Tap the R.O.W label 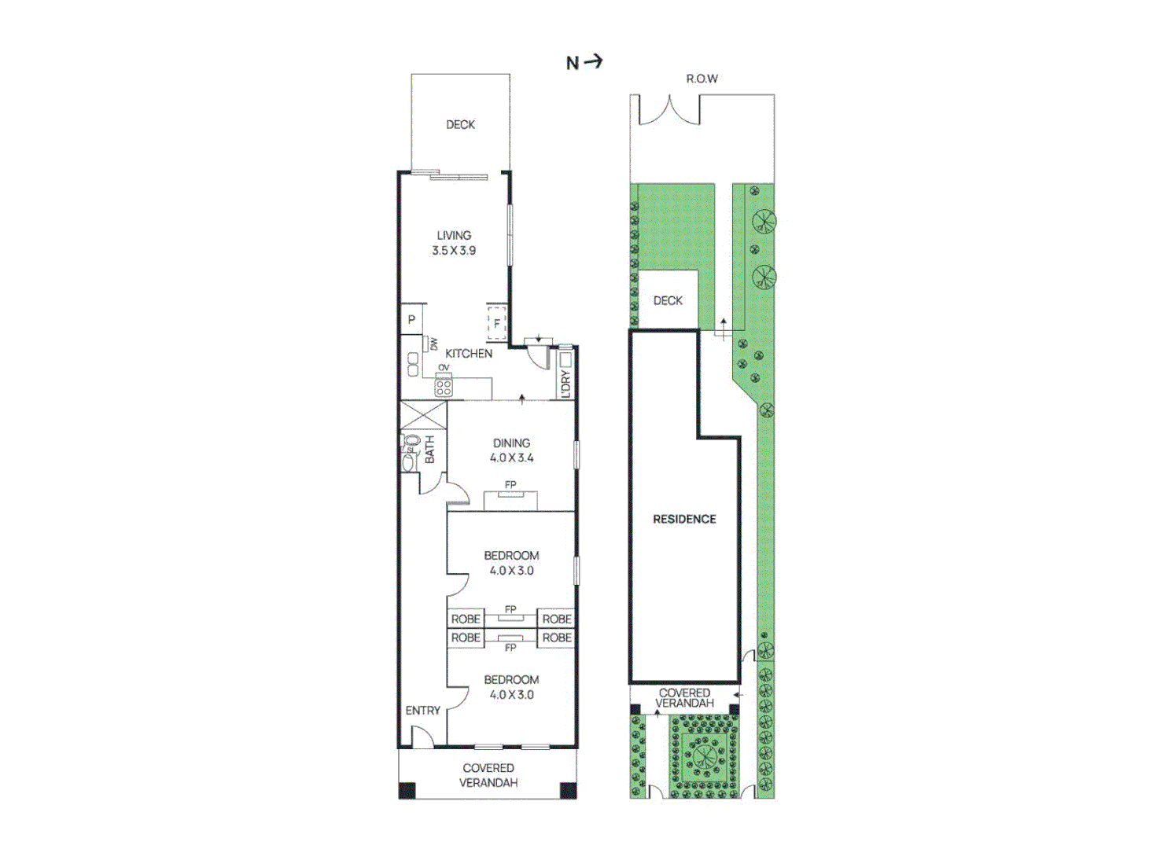click(702, 79)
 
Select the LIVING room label click(454, 235)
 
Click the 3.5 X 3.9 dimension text click(454, 251)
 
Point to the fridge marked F click(496, 323)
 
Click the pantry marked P click(411, 320)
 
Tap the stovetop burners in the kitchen click(444, 387)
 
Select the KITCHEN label click(469, 354)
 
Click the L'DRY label click(565, 384)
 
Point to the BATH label click(429, 450)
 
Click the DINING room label click(511, 443)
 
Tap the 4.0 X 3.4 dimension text click(511, 458)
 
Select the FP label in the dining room click(510, 485)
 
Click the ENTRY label click(422, 711)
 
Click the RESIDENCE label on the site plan click(684, 519)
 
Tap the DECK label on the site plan click(668, 300)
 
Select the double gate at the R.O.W click(669, 111)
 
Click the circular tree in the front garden click(703, 757)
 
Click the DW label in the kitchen click(433, 344)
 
